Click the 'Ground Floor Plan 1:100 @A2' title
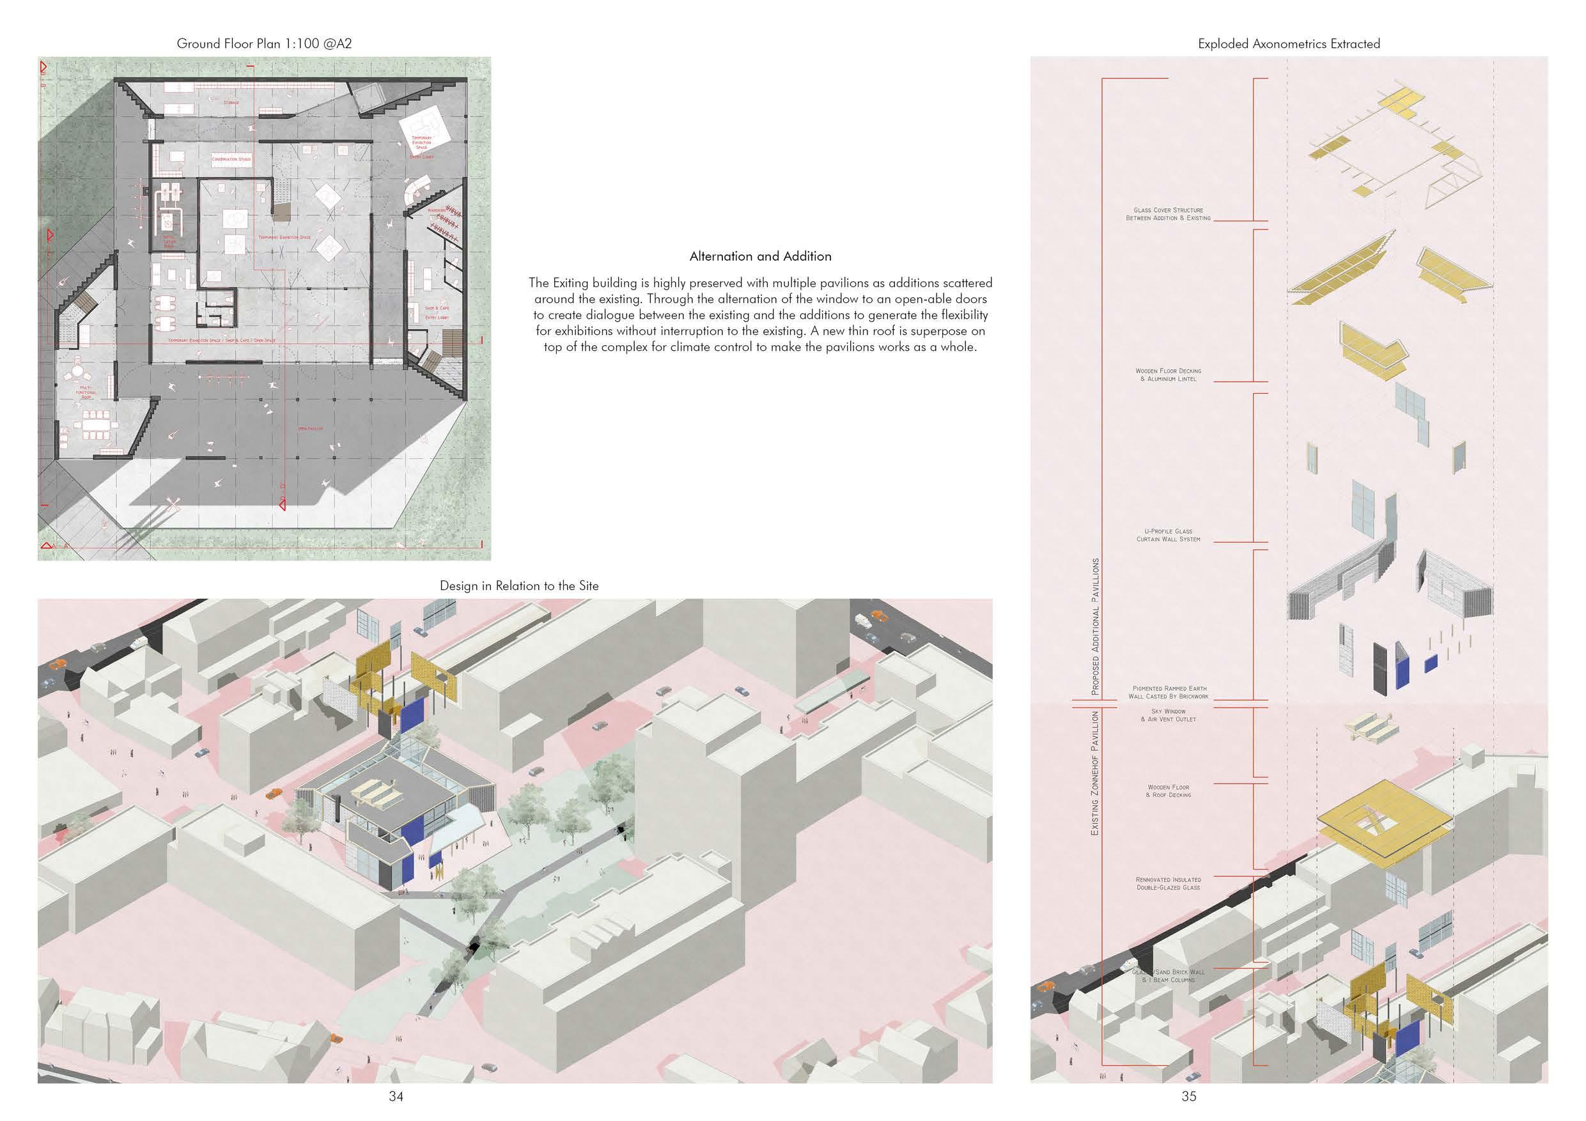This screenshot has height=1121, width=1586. tap(265, 43)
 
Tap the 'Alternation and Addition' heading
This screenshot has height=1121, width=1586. tap(760, 256)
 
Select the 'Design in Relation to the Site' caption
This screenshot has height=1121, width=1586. tap(519, 585)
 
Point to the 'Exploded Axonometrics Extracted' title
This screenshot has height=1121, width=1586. tap(1288, 43)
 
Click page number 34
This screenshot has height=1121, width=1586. tap(396, 1095)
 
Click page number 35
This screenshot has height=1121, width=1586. tap(1188, 1095)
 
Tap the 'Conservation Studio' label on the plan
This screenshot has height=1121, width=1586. tap(231, 159)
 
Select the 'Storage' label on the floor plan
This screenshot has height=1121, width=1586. tap(231, 102)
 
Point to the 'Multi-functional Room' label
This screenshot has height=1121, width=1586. tap(86, 392)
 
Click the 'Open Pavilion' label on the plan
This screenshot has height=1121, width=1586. tap(310, 428)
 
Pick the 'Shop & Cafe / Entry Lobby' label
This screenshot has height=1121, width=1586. tap(437, 312)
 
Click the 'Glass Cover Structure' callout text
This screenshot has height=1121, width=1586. tap(1168, 213)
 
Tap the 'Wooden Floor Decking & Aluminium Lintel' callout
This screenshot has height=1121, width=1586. tap(1168, 375)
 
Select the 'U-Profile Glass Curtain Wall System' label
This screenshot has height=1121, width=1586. tap(1168, 534)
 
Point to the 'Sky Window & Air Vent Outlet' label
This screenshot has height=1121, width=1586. tap(1168, 715)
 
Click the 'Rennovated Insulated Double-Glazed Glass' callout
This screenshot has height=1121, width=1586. tap(1168, 883)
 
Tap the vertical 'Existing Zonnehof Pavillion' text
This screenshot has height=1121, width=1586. tap(1094, 773)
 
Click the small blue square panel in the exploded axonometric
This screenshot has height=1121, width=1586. tap(1431, 664)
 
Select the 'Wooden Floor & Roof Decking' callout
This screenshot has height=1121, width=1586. tap(1168, 791)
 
